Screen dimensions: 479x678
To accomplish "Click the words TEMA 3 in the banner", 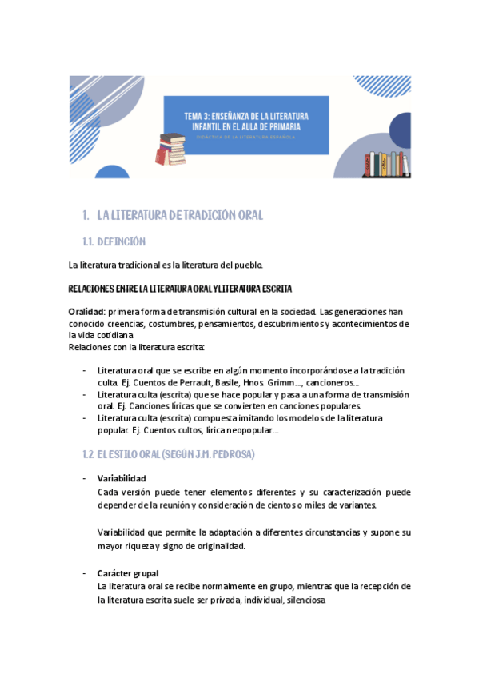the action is tap(200, 116).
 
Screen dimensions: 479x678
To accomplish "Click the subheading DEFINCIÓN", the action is tap(121, 241).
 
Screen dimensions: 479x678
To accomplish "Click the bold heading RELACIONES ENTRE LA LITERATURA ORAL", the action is tap(180, 288).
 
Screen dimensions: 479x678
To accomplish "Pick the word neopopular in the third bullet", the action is tap(247, 430).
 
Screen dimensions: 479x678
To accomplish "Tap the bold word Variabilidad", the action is tap(122, 478).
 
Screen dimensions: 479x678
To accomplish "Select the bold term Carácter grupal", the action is tap(127, 573).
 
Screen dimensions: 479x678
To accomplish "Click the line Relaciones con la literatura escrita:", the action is tap(137, 347).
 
